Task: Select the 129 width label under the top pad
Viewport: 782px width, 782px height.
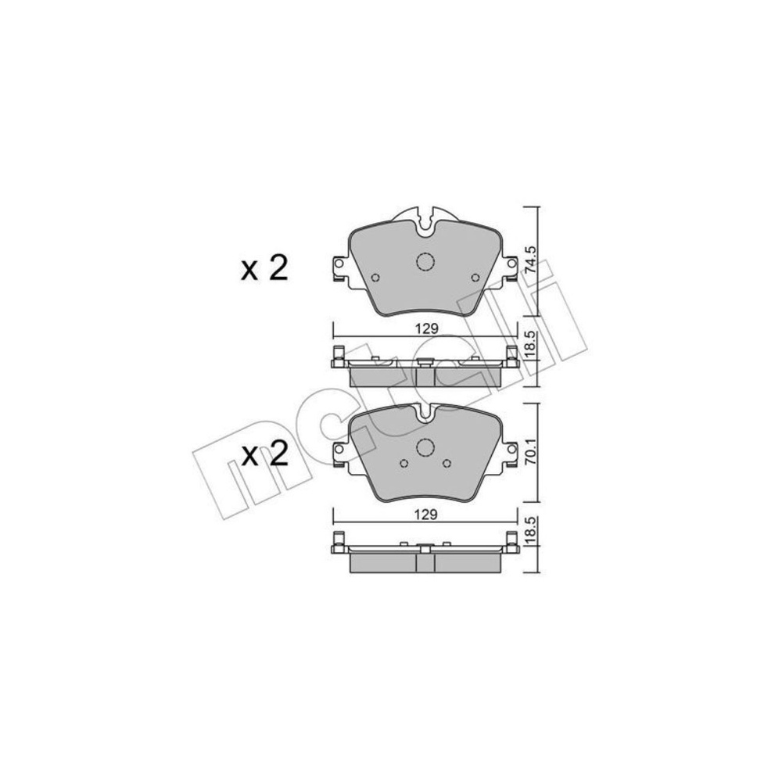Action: tap(426, 328)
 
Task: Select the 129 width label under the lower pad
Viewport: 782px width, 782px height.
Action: tap(426, 515)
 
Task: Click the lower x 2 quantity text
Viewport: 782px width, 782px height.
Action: tap(264, 455)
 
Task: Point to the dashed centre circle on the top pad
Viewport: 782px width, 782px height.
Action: tap(425, 262)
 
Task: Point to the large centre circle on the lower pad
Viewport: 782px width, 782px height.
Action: tap(425, 447)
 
